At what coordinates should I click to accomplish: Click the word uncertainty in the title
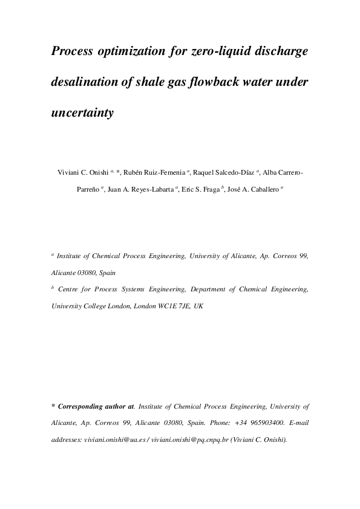[83, 112]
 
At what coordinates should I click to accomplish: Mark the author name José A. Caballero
[254, 189]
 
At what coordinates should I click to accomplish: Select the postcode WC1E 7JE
[176, 306]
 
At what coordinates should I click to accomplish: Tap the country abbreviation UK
[198, 306]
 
